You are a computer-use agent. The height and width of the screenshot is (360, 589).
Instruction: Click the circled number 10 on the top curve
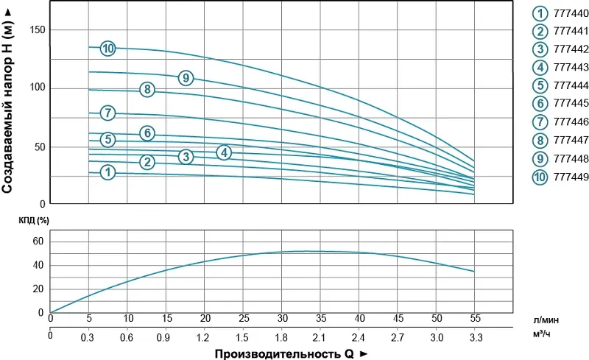coord(108,49)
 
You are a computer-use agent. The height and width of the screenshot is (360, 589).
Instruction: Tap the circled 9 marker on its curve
coord(186,77)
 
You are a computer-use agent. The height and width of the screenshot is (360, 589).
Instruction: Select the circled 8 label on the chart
coord(147,90)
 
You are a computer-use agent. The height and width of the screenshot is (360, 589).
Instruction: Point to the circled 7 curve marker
coord(108,113)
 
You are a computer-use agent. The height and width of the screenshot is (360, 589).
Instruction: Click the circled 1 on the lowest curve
coord(108,172)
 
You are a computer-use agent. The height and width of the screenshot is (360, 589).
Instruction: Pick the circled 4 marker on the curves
coord(225,152)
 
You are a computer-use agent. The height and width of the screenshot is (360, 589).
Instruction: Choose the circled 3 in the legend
coord(540,49)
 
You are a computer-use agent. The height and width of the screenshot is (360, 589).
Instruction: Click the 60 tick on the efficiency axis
coord(38,241)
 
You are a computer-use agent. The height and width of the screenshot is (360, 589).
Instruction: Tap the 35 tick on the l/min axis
coord(320,318)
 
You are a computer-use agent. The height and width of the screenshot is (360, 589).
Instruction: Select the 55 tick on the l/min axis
coord(475,318)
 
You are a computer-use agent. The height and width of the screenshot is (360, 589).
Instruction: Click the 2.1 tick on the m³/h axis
coord(320,337)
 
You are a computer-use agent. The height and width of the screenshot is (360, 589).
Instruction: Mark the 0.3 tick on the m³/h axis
coord(88,337)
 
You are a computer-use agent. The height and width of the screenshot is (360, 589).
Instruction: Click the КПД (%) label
coord(34,219)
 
